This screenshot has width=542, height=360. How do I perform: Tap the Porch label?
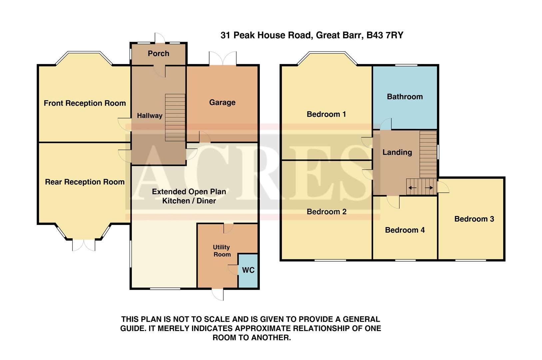tap(159, 54)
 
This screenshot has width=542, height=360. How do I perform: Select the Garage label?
tap(222, 103)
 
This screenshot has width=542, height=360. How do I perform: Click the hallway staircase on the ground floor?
tap(175, 117)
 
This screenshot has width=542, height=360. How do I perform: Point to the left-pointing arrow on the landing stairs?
tap(412, 188)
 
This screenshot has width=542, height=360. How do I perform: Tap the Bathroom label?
tap(405, 97)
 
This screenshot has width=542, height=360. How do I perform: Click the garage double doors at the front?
tap(223, 59)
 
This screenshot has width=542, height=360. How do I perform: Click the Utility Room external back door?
tap(218, 294)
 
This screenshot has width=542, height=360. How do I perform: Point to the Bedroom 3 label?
tap(474, 219)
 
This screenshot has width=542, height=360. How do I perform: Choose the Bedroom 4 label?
tap(405, 230)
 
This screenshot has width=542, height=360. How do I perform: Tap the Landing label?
tap(397, 152)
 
